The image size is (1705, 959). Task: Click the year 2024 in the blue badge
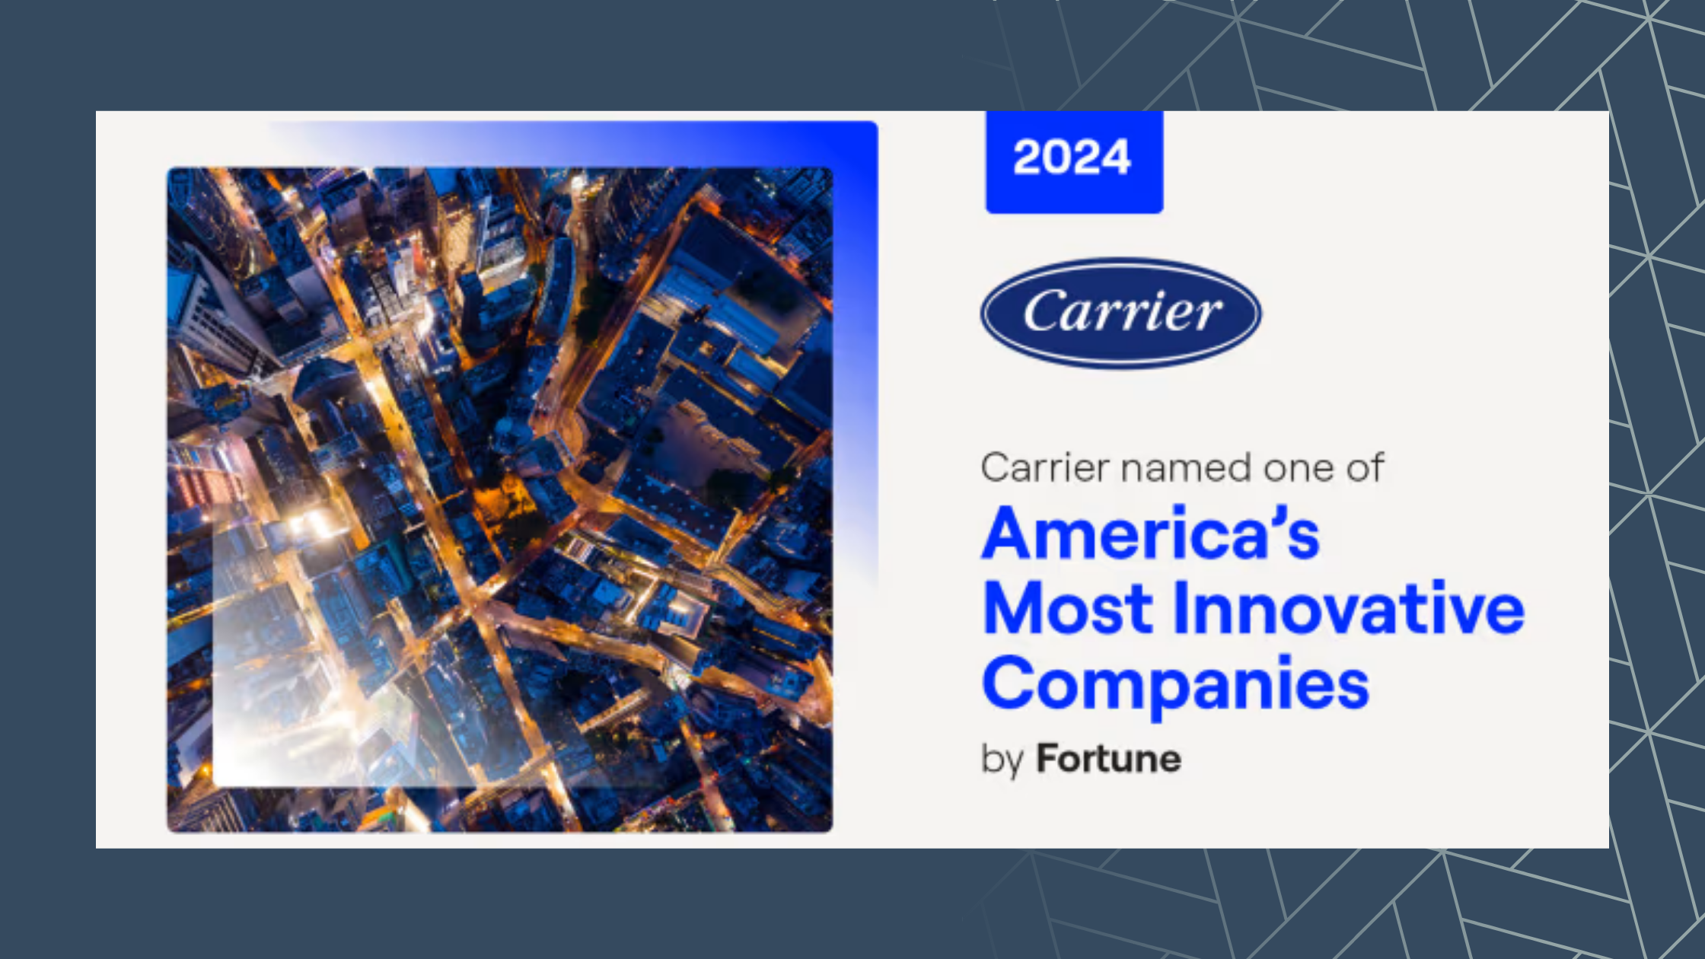click(x=1072, y=158)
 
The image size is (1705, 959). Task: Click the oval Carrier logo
click(x=1120, y=313)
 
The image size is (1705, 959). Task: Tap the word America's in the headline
click(x=1150, y=534)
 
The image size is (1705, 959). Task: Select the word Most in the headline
click(x=1069, y=608)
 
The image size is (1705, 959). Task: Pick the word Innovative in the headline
click(x=1350, y=607)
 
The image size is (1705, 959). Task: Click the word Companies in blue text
click(x=1175, y=685)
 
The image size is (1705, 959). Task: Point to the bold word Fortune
click(x=1109, y=759)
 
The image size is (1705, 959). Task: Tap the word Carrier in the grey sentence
click(x=1040, y=467)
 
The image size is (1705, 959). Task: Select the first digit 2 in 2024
click(x=1026, y=158)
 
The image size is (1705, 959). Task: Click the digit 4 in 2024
click(x=1117, y=158)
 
